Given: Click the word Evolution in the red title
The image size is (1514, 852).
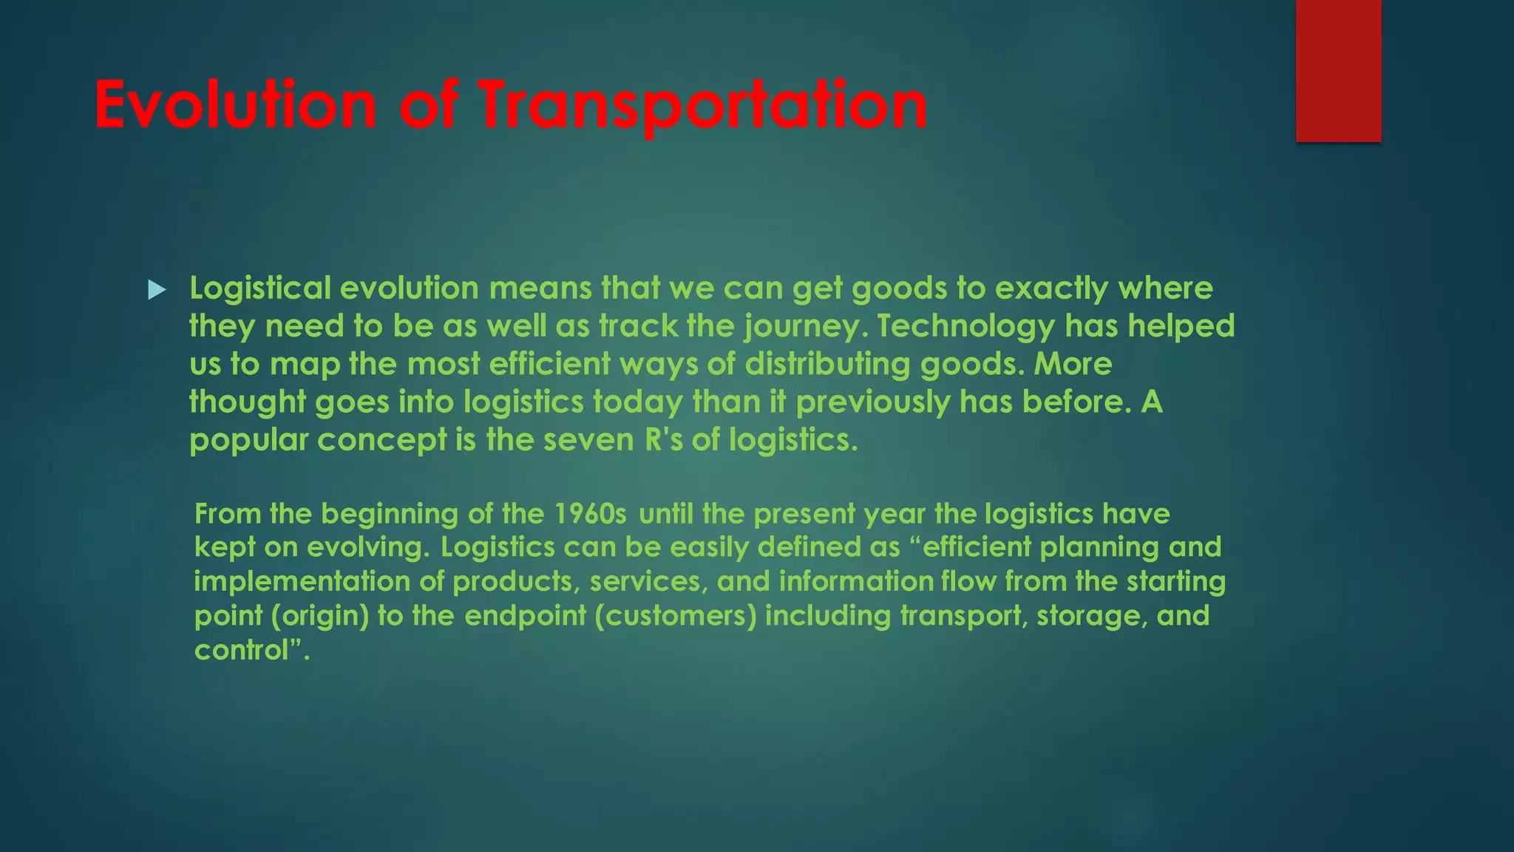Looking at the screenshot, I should click(x=235, y=105).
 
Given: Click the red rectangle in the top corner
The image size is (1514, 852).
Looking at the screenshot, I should click(x=1338, y=70).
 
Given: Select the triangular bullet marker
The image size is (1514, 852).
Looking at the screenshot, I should click(x=157, y=289).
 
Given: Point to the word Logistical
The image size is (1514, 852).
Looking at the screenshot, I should click(x=260, y=288).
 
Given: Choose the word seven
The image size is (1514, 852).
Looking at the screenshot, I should click(x=588, y=440).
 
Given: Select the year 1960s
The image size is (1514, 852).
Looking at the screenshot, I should click(x=590, y=513).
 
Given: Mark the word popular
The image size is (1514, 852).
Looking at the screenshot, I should click(x=248, y=441).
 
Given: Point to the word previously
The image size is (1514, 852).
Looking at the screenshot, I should click(x=872, y=403).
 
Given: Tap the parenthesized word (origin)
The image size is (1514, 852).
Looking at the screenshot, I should click(x=319, y=616).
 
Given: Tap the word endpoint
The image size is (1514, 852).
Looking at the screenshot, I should click(x=525, y=616).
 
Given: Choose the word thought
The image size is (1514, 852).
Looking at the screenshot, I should click(x=247, y=403).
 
